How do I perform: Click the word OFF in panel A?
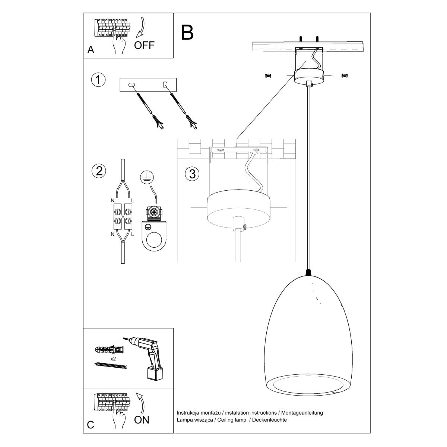point(144,45)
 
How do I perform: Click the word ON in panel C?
point(142,420)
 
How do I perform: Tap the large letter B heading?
point(187,32)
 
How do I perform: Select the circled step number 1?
point(98,80)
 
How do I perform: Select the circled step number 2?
point(99,171)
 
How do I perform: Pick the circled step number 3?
point(192,174)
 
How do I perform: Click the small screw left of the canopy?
point(267,76)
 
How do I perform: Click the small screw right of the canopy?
point(345,76)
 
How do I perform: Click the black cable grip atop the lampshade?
point(308,273)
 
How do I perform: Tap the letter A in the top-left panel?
point(91,50)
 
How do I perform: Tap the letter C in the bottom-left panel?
point(91,425)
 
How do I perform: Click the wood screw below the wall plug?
point(111,365)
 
